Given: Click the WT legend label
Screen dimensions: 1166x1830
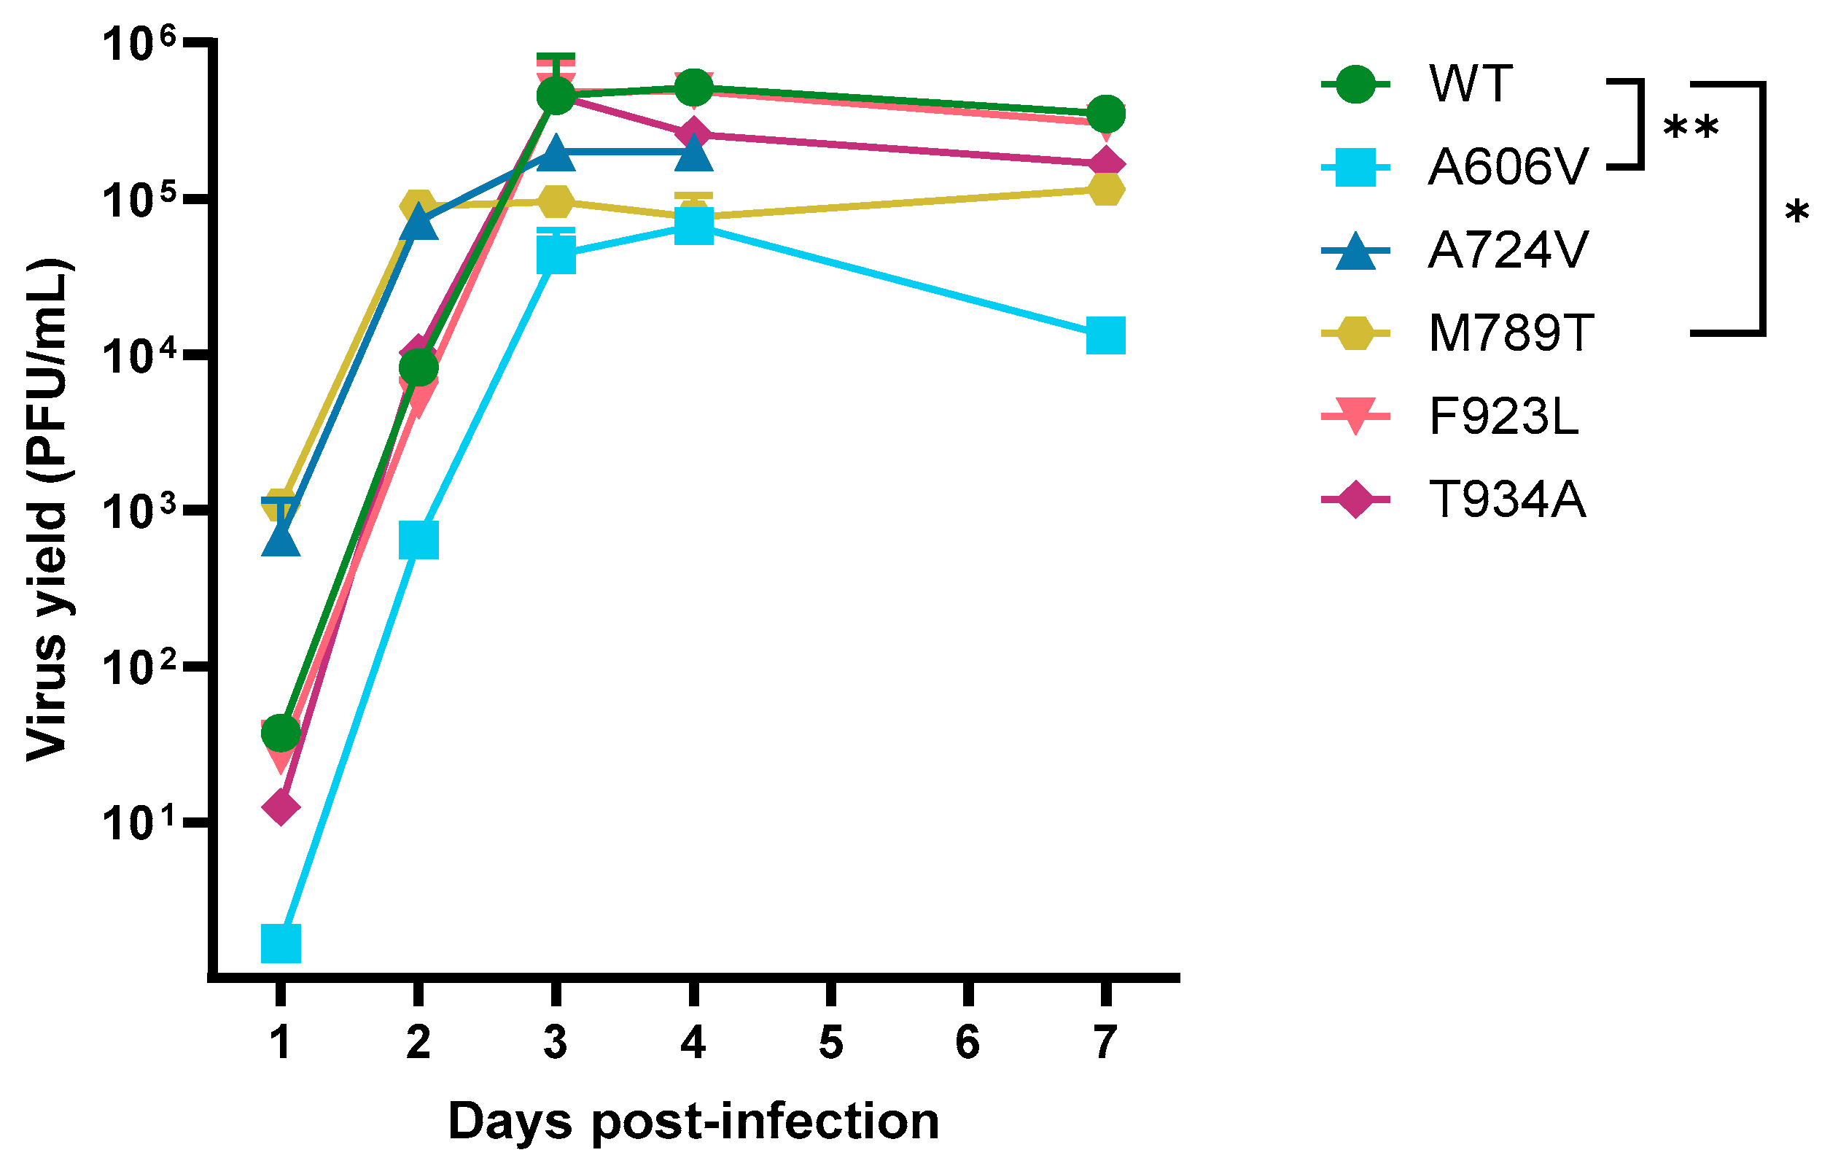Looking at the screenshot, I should point(1471,84).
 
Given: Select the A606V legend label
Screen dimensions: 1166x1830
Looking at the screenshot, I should point(1508,166).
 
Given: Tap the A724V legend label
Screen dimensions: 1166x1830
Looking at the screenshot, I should point(1508,250).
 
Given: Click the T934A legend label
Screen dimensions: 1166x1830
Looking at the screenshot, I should point(1508,500).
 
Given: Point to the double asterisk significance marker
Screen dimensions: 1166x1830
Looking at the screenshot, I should point(1690,129).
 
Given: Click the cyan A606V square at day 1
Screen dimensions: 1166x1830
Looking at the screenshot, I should point(281,944).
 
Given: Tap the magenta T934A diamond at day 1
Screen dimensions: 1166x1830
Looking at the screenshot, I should point(281,807).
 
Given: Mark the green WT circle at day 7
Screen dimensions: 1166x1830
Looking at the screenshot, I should point(1107,114).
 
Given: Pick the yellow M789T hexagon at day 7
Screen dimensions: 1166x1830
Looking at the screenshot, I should point(1106,189).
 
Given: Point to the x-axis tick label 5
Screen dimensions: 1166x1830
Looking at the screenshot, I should point(830,1043).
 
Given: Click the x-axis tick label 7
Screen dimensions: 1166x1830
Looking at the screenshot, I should point(1106,1043).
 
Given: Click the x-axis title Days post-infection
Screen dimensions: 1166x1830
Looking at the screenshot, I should point(693,1122).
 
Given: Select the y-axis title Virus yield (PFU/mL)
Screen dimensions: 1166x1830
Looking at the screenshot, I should point(50,509).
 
